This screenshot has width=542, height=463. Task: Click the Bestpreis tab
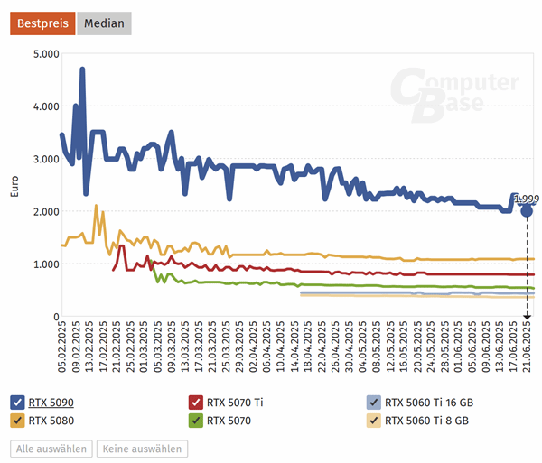[x=42, y=23]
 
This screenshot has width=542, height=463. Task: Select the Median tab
[x=104, y=23]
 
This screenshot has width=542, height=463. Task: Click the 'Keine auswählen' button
[x=143, y=449]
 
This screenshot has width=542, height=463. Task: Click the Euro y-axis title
[x=13, y=186]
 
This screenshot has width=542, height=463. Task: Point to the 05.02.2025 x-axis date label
[x=62, y=344]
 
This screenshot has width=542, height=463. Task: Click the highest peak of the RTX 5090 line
[x=82, y=69]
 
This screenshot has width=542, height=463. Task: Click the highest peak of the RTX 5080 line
[x=97, y=207]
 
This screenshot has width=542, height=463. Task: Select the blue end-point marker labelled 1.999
[x=527, y=210]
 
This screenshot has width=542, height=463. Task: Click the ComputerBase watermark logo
[x=456, y=94]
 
